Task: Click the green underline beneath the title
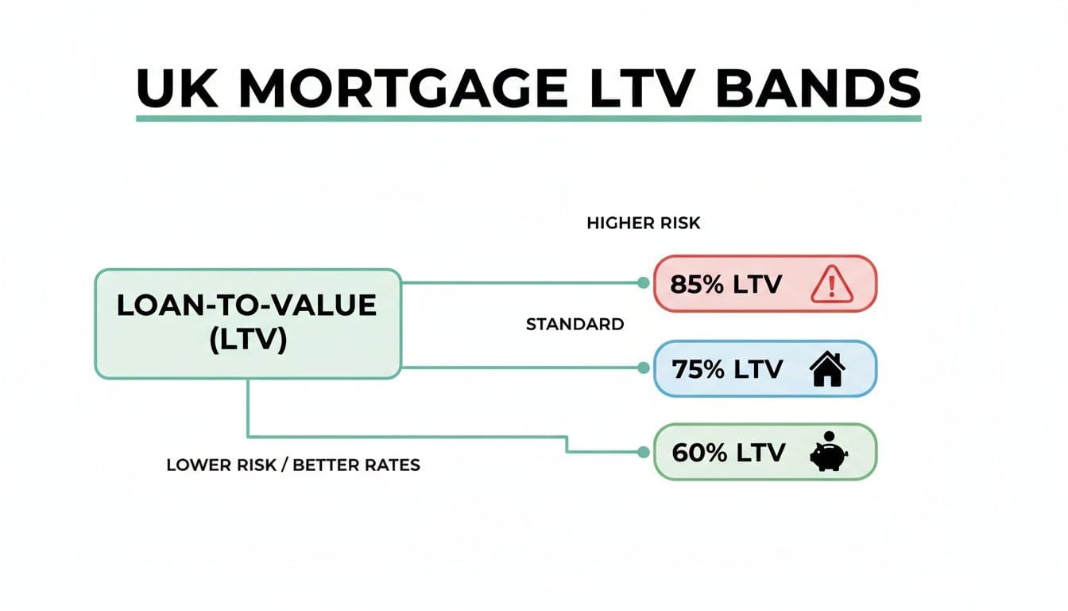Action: pyautogui.click(x=528, y=119)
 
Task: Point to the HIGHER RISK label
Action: pyautogui.click(x=643, y=224)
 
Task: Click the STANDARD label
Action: pyautogui.click(x=575, y=325)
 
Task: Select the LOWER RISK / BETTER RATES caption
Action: pyautogui.click(x=292, y=465)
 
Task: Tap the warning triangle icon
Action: pyautogui.click(x=830, y=284)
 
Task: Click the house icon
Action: pyautogui.click(x=827, y=369)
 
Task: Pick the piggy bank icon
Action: pyautogui.click(x=827, y=456)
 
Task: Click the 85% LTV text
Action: pyautogui.click(x=726, y=284)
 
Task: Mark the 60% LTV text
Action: pyautogui.click(x=728, y=453)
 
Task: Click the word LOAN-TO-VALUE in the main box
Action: pyautogui.click(x=246, y=306)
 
